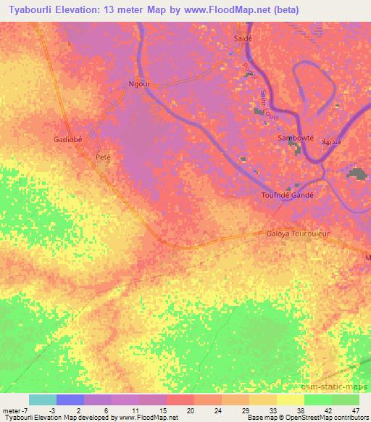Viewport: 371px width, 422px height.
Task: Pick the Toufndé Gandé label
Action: [286, 195]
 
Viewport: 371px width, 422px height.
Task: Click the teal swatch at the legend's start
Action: [43, 400]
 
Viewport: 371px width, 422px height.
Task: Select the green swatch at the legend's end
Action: [346, 400]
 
